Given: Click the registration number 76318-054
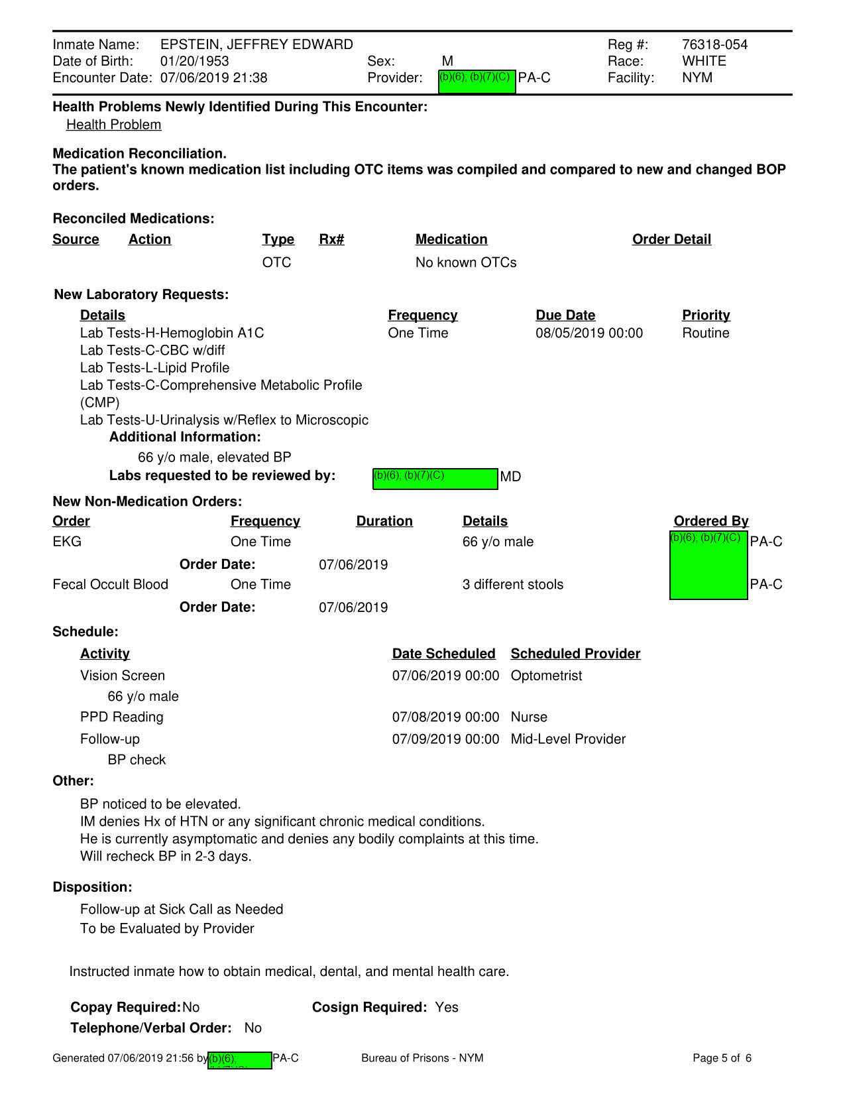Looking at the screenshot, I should [714, 44].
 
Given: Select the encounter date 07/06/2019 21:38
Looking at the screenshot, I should [213, 78].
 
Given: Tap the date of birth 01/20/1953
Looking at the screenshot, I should [194, 61].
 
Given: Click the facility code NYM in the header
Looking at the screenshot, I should [697, 78].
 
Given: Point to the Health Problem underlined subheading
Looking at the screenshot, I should [113, 125].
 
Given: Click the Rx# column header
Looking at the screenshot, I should [331, 239].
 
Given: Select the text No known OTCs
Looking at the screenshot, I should [465, 263].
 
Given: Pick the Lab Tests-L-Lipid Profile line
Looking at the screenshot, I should [154, 367].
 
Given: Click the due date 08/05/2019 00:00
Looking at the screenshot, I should [589, 333].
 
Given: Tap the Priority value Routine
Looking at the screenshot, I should [705, 333].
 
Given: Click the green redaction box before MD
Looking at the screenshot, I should [435, 478].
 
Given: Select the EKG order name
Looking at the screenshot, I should [67, 542].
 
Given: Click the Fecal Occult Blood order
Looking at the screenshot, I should [110, 584].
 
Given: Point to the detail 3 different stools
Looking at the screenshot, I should [512, 584].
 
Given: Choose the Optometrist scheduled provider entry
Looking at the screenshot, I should [546, 676].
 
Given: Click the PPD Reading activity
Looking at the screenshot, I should [121, 717].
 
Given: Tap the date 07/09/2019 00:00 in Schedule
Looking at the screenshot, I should [445, 739].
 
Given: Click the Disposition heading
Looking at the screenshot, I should [92, 887].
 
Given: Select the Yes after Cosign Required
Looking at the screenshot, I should [447, 1007].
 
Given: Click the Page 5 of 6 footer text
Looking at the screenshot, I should [722, 1058].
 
